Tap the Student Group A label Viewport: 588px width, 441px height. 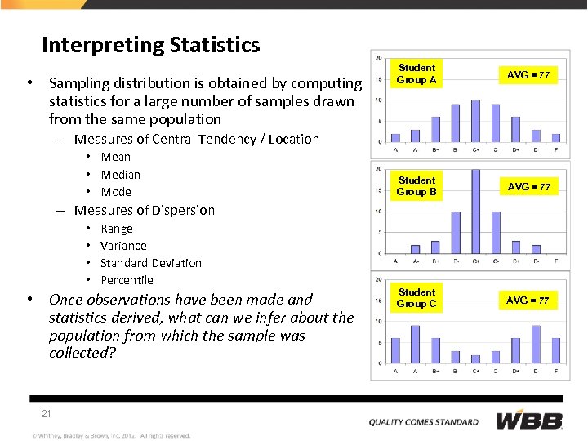click(x=416, y=74)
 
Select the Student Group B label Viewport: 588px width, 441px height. click(x=416, y=186)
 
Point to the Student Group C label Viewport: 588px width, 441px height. click(x=416, y=298)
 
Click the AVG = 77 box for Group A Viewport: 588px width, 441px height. click(x=528, y=75)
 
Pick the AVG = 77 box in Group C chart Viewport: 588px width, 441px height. click(x=528, y=301)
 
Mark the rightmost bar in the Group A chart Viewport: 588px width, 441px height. click(x=556, y=138)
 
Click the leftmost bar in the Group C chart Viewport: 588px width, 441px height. click(x=395, y=350)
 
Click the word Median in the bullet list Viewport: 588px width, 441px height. click(x=120, y=175)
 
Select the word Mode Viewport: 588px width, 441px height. click(x=116, y=192)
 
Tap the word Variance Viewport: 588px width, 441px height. click(x=123, y=246)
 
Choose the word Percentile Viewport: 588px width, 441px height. click(x=127, y=280)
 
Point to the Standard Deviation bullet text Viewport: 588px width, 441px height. click(x=150, y=263)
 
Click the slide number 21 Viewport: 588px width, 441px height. click(x=47, y=414)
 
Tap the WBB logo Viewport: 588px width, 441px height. click(x=529, y=421)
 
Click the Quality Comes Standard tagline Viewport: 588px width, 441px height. click(x=423, y=422)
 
